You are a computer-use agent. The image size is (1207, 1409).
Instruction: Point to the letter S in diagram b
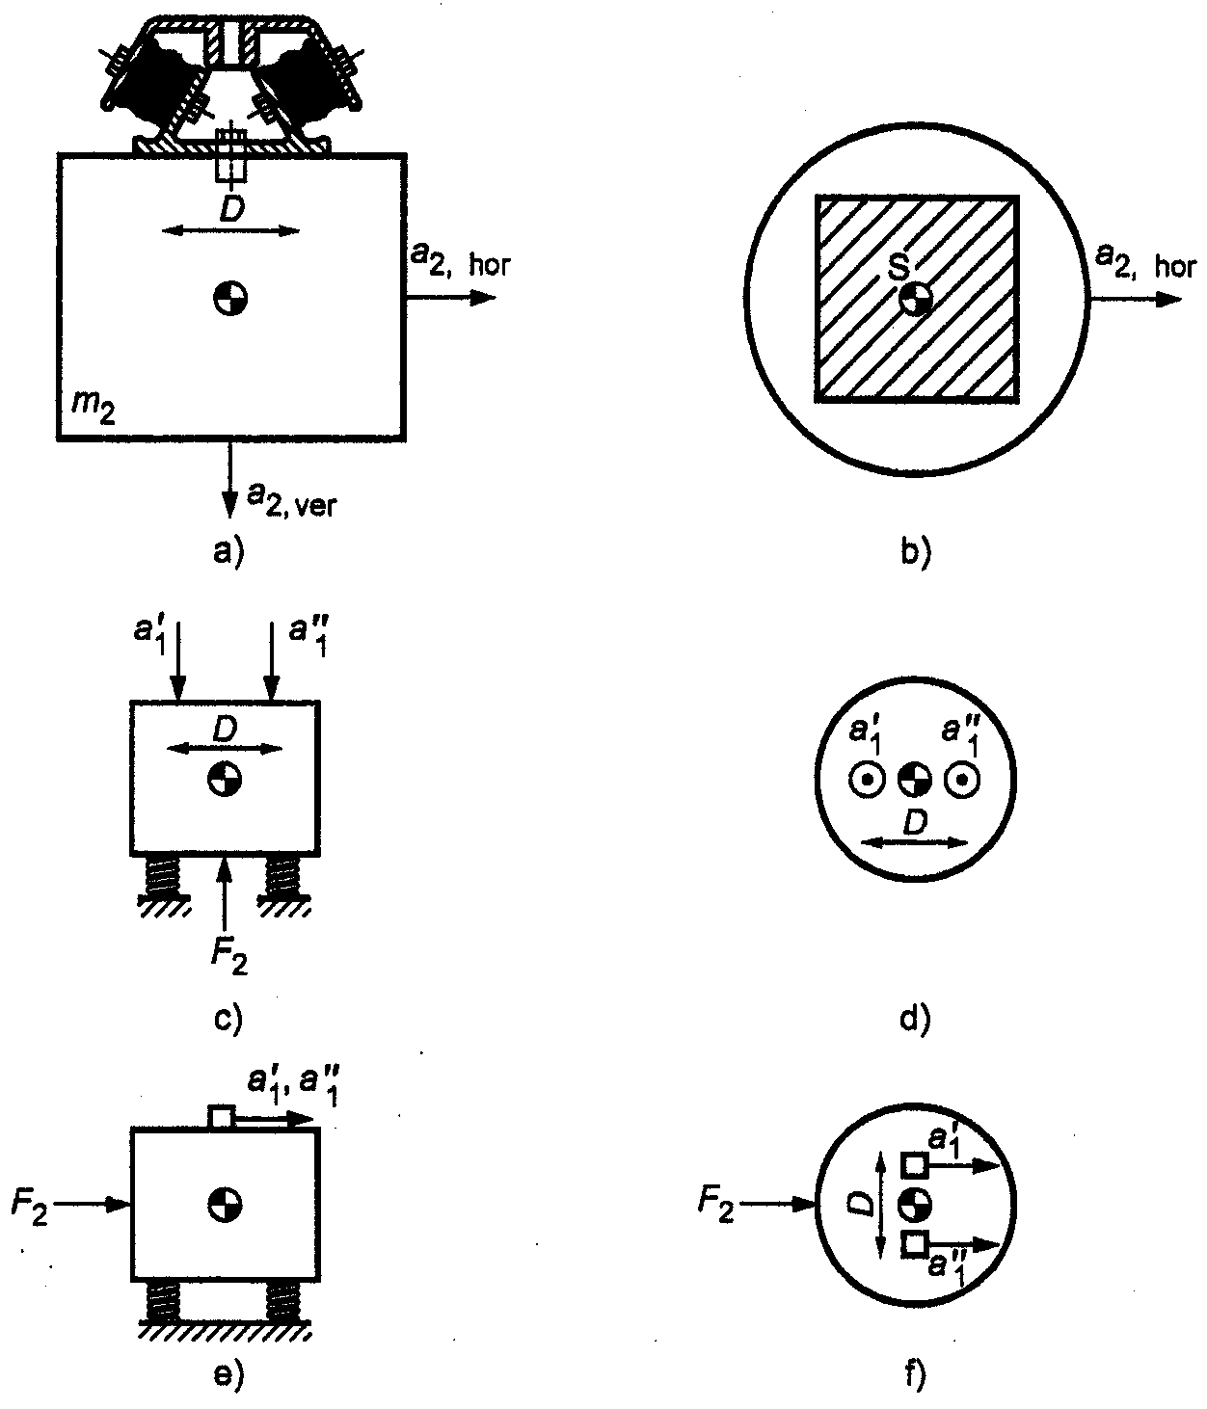(899, 269)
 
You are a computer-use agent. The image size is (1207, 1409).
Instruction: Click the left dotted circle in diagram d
(867, 780)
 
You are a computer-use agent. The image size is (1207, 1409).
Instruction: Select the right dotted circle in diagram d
(962, 780)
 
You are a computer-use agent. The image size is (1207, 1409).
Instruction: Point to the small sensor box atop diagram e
(222, 1119)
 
